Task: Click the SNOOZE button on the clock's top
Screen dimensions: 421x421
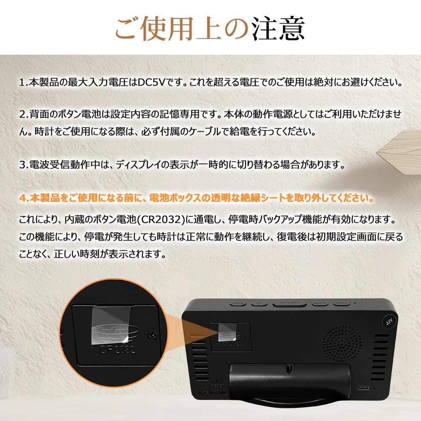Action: [x=290, y=303]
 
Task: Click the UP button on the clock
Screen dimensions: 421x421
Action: [x=259, y=303]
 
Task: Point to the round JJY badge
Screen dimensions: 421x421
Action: [x=389, y=321]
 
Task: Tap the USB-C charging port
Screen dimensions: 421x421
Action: [x=364, y=387]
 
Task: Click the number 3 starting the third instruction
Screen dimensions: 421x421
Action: [x=22, y=164]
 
